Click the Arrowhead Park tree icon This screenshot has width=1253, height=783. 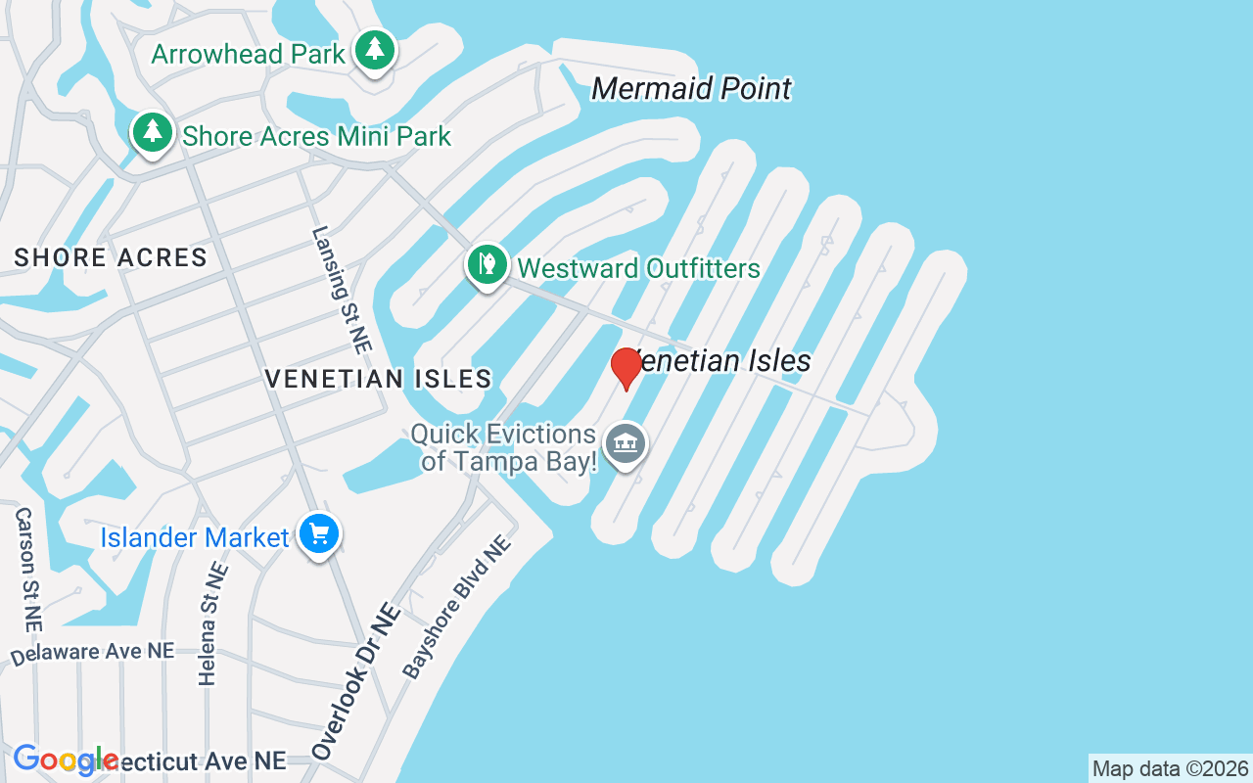pyautogui.click(x=374, y=50)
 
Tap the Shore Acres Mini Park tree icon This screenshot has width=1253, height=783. pyautogui.click(x=152, y=132)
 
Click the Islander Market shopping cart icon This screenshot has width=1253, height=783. pyautogui.click(x=319, y=534)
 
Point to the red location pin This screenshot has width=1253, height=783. pyautogui.click(x=626, y=368)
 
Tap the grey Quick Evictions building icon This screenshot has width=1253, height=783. pyautogui.click(x=626, y=443)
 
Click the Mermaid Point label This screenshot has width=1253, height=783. pyautogui.click(x=691, y=89)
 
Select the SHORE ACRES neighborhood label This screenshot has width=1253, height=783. pyautogui.click(x=111, y=257)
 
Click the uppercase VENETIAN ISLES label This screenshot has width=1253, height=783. pyautogui.click(x=378, y=379)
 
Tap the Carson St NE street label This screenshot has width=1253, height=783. pyautogui.click(x=28, y=569)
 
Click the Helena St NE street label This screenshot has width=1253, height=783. pyautogui.click(x=211, y=623)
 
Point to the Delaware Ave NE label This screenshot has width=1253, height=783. pyautogui.click(x=93, y=652)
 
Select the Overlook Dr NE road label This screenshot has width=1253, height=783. pyautogui.click(x=356, y=681)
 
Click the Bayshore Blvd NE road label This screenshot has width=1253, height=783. pyautogui.click(x=457, y=607)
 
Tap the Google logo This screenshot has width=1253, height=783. pyautogui.click(x=66, y=760)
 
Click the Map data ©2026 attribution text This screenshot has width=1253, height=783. pyautogui.click(x=1170, y=768)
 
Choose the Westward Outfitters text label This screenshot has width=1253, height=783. pyautogui.click(x=638, y=268)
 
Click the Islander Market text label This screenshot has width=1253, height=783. pyautogui.click(x=195, y=537)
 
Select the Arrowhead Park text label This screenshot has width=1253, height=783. pyautogui.click(x=249, y=54)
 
